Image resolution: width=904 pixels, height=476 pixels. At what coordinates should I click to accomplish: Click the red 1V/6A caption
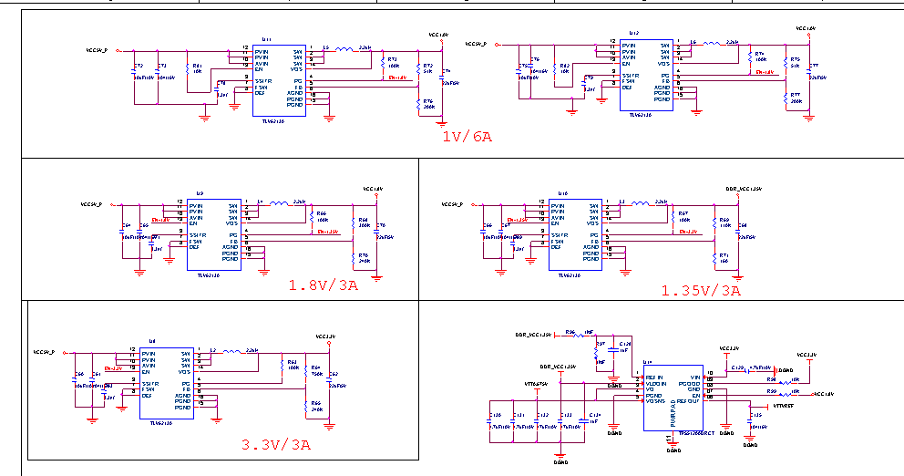(467, 137)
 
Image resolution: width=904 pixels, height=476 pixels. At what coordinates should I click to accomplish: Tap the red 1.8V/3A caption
(323, 285)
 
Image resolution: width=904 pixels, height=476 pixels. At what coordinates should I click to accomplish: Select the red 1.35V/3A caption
(701, 290)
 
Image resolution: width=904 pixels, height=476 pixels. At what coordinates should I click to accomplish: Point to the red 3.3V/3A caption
(275, 445)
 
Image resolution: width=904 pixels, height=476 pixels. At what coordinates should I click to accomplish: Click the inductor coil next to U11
(344, 49)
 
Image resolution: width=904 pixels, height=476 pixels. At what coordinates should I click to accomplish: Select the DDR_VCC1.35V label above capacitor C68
(743, 189)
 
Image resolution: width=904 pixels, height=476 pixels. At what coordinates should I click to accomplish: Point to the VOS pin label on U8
(184, 372)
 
